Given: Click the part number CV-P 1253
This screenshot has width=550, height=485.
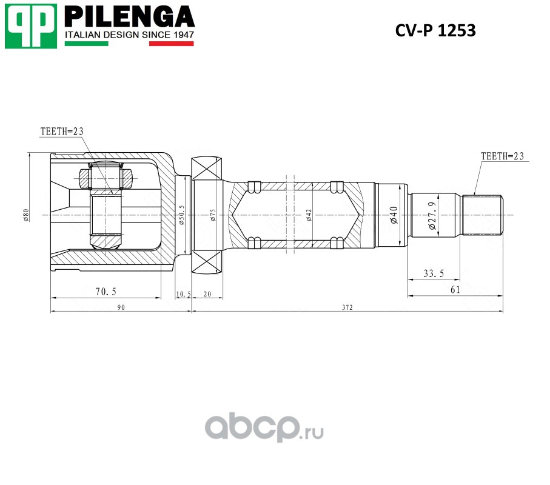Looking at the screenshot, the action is coord(435,30).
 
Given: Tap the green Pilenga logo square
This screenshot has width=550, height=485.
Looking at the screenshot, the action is coord(31,26).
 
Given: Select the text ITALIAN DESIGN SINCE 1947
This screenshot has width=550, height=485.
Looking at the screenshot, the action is coord(129,35).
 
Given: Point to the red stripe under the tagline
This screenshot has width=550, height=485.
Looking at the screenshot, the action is coord(171,44).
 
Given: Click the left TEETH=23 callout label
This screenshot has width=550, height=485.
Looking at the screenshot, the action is coord(62,132).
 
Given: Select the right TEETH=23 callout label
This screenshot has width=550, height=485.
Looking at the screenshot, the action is coord(502,156).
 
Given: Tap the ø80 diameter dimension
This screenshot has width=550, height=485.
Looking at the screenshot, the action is coord(26,215).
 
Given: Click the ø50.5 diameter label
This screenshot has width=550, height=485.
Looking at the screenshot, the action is coord(181,215).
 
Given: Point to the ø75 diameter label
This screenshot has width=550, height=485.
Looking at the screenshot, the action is coord(213,215).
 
